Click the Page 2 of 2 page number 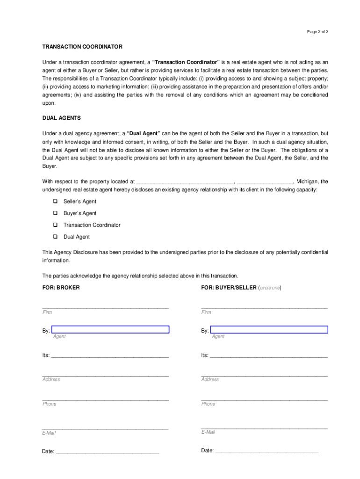(x=317, y=32)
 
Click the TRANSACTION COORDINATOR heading (x=82, y=47)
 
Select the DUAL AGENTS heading (x=61, y=118)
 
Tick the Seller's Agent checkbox (x=55, y=202)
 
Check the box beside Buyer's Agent (x=55, y=213)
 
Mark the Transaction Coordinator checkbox (x=55, y=225)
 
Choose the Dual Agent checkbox (x=55, y=237)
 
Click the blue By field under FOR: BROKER (x=110, y=329)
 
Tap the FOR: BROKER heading (x=61, y=288)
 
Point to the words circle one (x=270, y=288)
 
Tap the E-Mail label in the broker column (x=49, y=433)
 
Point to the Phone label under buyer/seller (x=208, y=404)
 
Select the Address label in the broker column (x=51, y=379)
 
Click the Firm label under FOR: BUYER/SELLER (x=206, y=312)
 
